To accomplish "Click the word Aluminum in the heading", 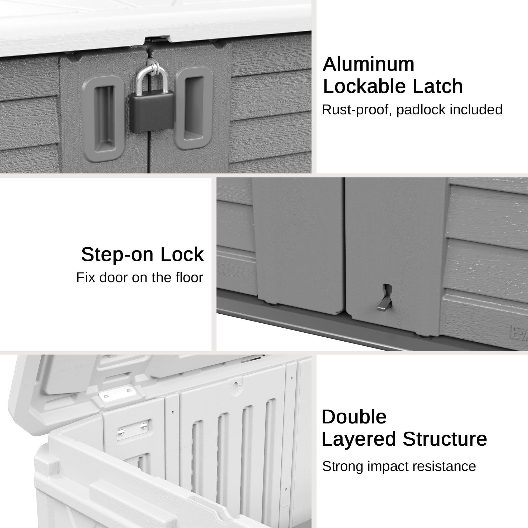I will [368, 64].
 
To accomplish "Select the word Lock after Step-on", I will [182, 254].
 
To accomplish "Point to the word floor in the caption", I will [189, 277].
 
